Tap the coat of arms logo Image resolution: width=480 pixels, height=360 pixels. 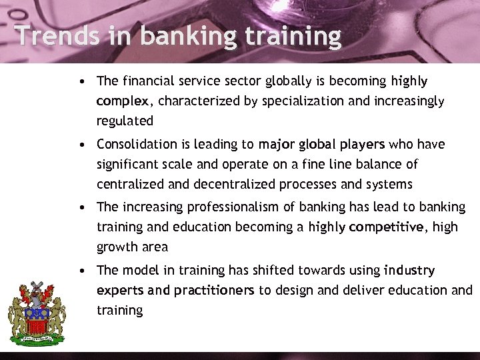pos(36,312)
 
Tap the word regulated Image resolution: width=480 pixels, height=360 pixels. pos(125,121)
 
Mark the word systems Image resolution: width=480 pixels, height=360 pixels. pos(389,183)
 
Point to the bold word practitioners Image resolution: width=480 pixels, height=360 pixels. pos(214,291)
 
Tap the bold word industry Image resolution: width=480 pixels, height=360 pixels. pos(409,270)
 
